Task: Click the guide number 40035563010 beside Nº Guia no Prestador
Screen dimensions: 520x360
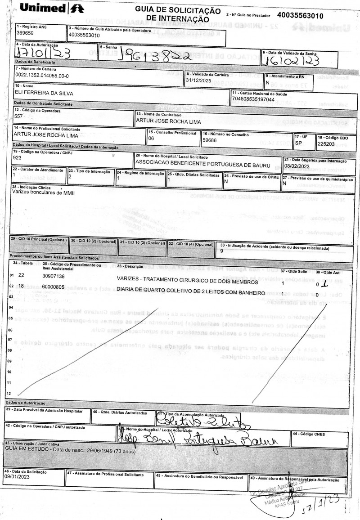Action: click(x=301, y=16)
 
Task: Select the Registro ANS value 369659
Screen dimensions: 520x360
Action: click(x=25, y=33)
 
